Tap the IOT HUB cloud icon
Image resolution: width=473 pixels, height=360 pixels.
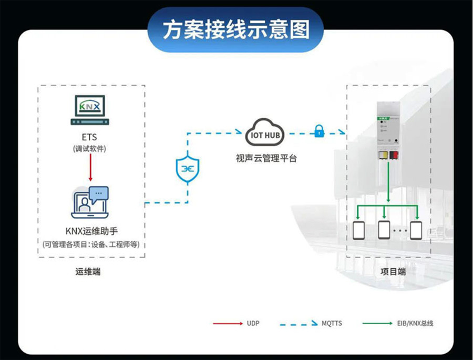pos(266,135)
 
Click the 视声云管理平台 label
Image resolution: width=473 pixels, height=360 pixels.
pos(266,158)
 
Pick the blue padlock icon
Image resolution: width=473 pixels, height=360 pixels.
pos(318,131)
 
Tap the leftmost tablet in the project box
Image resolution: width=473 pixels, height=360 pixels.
pos(359,230)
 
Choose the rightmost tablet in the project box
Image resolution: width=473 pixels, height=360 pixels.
pos(417,230)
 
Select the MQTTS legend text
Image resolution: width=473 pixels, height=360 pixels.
pos(332,323)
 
